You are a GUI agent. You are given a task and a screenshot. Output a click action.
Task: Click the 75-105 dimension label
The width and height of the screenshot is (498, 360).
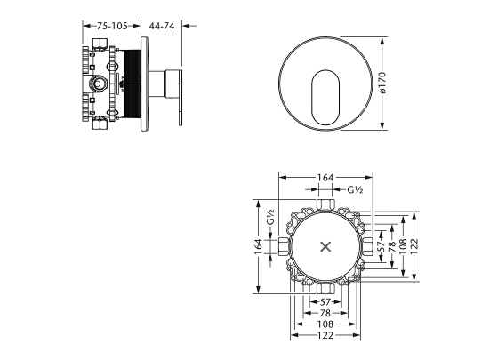pos(112,26)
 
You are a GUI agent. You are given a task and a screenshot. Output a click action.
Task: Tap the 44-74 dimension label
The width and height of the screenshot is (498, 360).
pos(162,26)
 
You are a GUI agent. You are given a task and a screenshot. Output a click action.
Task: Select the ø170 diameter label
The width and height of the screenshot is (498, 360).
pos(382,83)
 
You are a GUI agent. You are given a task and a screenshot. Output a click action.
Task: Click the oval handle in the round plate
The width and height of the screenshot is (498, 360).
pos(325,97)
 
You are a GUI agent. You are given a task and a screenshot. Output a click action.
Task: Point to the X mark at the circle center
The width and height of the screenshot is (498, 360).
pos(325,247)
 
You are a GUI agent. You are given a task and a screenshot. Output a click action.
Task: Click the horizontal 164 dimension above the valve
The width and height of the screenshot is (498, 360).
pos(325,178)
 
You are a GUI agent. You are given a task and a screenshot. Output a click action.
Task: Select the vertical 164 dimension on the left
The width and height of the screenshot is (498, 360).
pos(259,247)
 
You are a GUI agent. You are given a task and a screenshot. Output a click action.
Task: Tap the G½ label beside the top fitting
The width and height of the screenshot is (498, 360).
pos(355,190)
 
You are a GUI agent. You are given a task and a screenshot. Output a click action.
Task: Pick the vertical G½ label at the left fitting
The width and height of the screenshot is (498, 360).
pos(270,217)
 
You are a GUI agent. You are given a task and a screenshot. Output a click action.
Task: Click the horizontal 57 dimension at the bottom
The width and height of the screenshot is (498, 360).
pos(325,302)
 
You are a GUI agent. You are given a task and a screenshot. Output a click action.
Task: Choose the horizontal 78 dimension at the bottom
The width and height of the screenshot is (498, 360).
pos(325,313)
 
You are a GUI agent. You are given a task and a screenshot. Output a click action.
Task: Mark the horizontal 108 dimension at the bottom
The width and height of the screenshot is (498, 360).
pos(325,324)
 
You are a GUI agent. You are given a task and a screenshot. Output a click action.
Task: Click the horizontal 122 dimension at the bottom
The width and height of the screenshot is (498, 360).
pos(325,335)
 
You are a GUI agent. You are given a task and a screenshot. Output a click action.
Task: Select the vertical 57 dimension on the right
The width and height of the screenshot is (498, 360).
pos(382,246)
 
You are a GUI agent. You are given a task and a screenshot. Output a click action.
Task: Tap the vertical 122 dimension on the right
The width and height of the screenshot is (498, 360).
pos(414,246)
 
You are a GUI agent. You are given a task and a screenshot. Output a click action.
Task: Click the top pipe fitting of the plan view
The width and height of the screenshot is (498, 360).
pos(325,204)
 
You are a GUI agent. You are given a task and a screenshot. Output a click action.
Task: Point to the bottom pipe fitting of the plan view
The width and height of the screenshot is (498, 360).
pos(325,289)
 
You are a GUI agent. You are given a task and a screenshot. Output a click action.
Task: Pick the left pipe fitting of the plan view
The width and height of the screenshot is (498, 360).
pos(284,247)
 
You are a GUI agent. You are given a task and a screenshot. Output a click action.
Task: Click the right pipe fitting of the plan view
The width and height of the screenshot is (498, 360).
pos(367,247)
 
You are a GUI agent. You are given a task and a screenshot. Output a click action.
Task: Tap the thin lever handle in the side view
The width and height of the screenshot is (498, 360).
pos(181,98)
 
